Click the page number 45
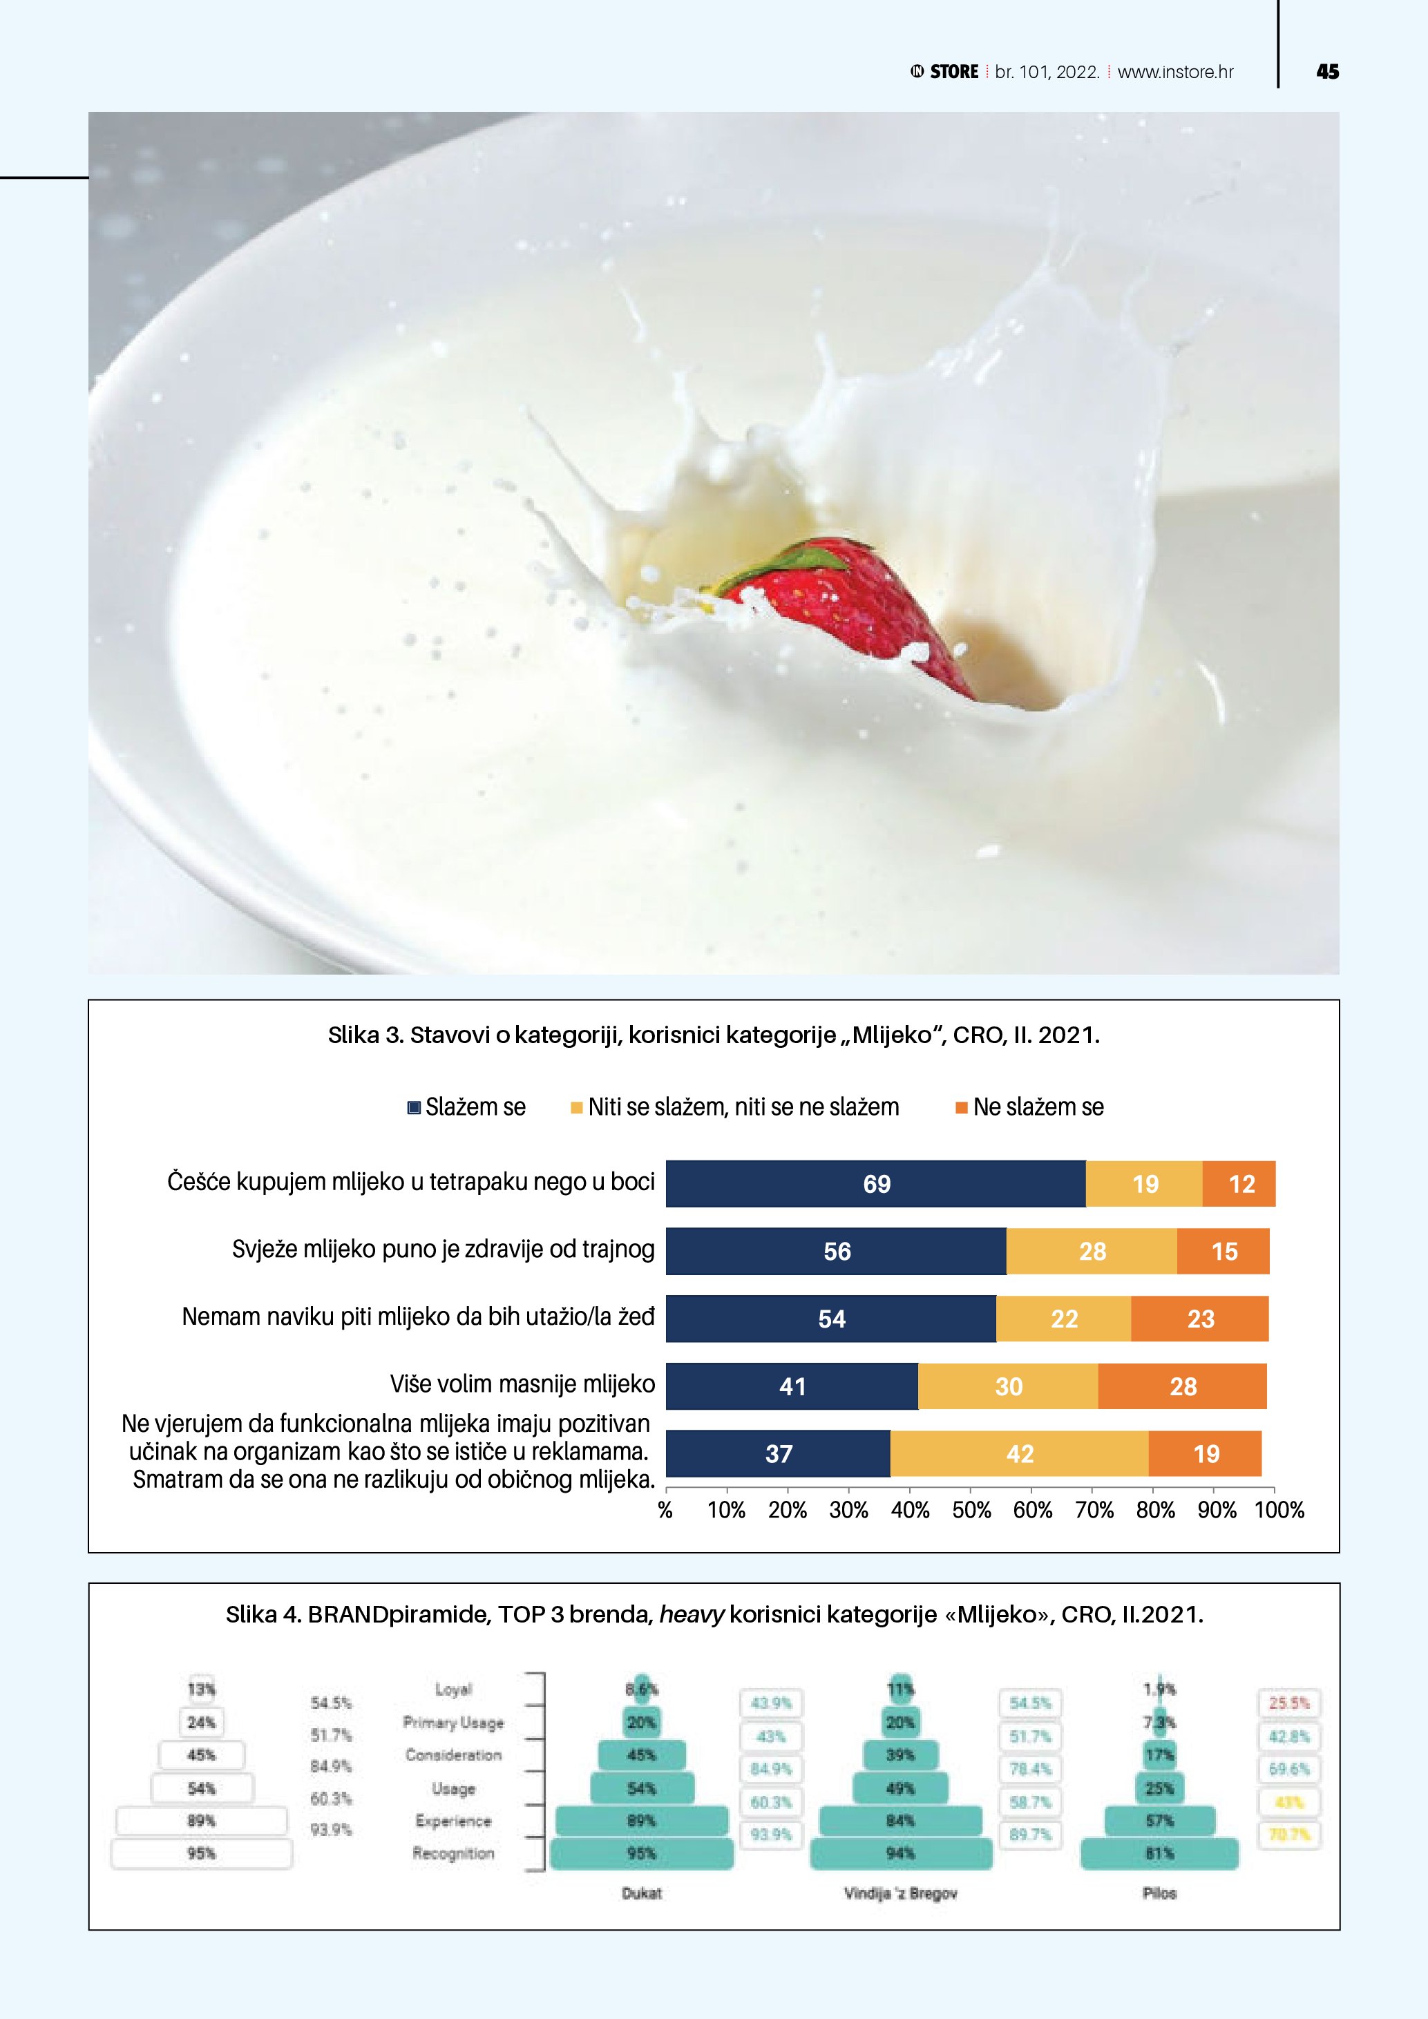tap(1327, 72)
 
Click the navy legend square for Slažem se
tap(414, 1108)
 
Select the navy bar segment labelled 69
tap(876, 1184)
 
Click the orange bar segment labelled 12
tap(1240, 1184)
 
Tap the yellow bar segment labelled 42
tap(1019, 1453)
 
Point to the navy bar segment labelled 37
tap(778, 1453)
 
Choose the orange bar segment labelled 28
tap(1183, 1387)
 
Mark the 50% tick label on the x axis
tap(971, 1511)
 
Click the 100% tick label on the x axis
tap(1279, 1511)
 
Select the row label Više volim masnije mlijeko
tap(522, 1384)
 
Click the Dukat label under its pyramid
tap(641, 1893)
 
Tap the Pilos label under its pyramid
tap(1159, 1893)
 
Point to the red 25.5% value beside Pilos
tap(1289, 1703)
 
